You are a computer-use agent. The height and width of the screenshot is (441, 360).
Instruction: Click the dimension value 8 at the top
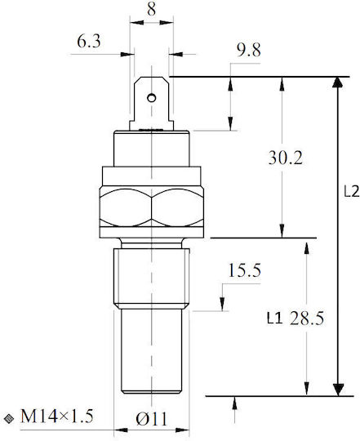(151, 9)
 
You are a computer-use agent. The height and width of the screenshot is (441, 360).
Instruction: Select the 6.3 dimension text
(89, 41)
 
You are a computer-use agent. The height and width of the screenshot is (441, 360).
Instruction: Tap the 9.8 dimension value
(249, 50)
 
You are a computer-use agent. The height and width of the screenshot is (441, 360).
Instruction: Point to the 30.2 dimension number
(286, 158)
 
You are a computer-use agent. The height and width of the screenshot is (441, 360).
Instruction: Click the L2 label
(352, 192)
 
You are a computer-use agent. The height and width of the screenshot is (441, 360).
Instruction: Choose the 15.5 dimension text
(245, 270)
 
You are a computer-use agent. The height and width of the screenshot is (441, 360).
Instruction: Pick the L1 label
(274, 318)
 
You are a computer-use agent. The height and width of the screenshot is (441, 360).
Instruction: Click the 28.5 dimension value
(307, 318)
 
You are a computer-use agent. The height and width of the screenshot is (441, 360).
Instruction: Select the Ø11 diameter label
(152, 419)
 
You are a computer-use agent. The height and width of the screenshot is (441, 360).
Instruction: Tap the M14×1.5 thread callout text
(57, 416)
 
